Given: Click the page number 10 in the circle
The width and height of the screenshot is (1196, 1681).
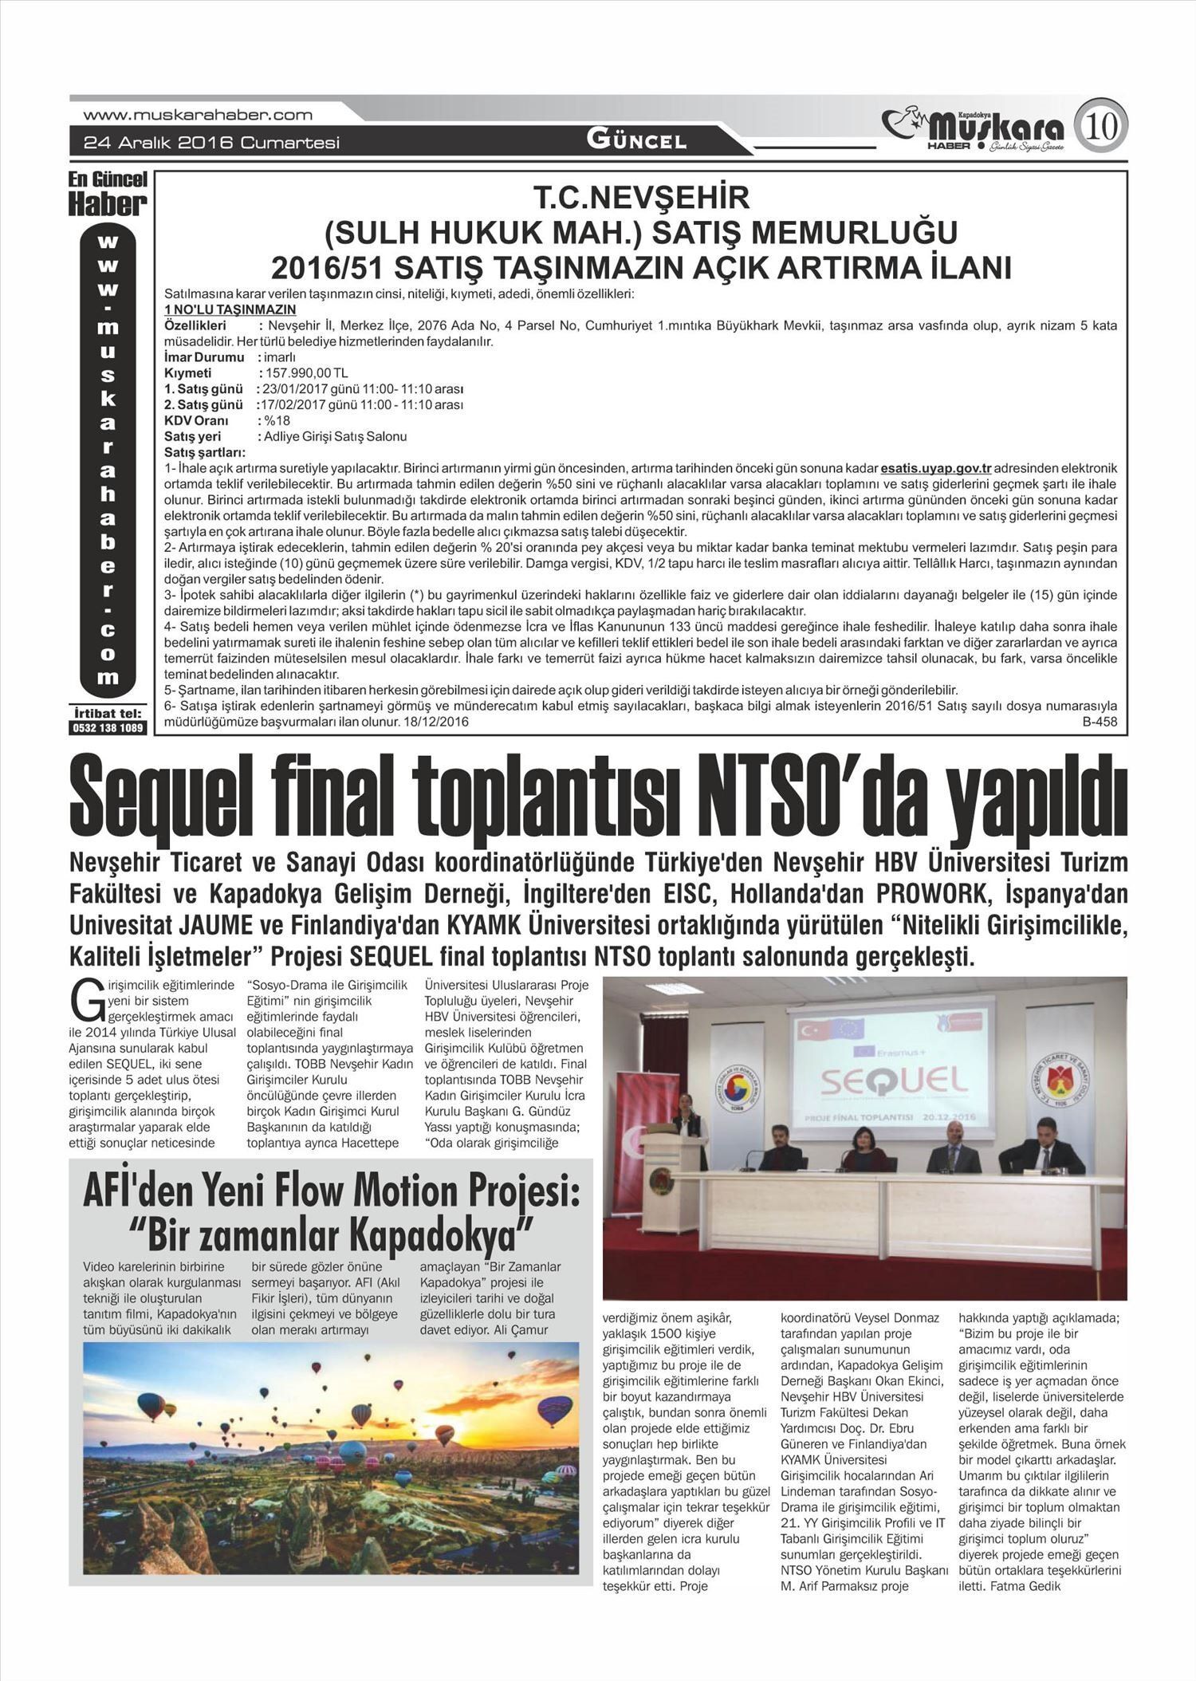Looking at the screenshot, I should click(1104, 125).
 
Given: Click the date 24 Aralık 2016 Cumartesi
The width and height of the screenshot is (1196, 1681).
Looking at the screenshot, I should click(212, 143).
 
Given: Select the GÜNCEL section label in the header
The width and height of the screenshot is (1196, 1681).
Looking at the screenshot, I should click(636, 140).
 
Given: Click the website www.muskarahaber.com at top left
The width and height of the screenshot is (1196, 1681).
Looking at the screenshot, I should click(198, 115).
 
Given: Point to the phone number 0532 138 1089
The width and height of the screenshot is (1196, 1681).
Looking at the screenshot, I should click(108, 728).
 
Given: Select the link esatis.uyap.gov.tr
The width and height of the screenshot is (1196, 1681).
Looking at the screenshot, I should click(936, 467).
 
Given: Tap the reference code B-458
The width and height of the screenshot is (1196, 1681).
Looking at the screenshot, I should click(1100, 722).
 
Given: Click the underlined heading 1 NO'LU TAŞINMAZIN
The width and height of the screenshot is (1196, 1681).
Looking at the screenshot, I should click(230, 309).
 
